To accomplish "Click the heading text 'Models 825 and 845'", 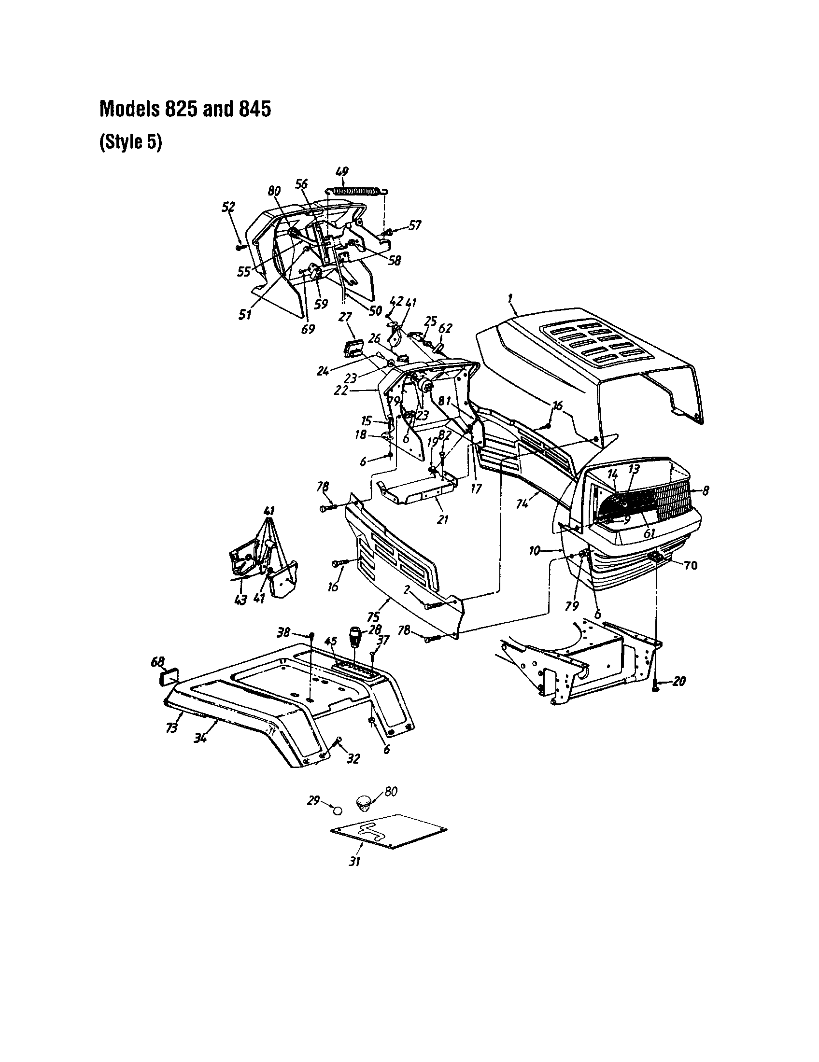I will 185,109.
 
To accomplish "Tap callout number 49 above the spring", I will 342,172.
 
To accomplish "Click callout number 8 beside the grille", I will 705,491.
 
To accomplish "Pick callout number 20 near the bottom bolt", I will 679,681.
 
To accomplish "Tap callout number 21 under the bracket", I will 442,519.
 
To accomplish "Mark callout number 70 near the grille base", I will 691,565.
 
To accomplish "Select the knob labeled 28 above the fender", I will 355,636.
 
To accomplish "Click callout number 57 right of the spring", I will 414,225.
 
